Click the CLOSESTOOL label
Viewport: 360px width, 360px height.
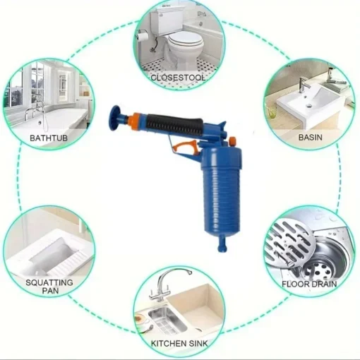pos(178,78)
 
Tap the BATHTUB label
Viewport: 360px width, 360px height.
pos(49,138)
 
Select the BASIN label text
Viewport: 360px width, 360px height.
pos(311,138)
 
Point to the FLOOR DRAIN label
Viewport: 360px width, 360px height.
pos(309,284)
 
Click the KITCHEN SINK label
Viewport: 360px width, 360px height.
pos(179,344)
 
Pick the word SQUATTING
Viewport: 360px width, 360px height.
pos(49,282)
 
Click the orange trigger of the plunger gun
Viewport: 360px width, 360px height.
pos(184,146)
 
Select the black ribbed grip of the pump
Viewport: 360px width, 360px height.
pos(174,124)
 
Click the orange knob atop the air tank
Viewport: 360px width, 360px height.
pos(232,141)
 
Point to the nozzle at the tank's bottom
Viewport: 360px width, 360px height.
pos(222,244)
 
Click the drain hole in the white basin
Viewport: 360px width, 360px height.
pos(309,106)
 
